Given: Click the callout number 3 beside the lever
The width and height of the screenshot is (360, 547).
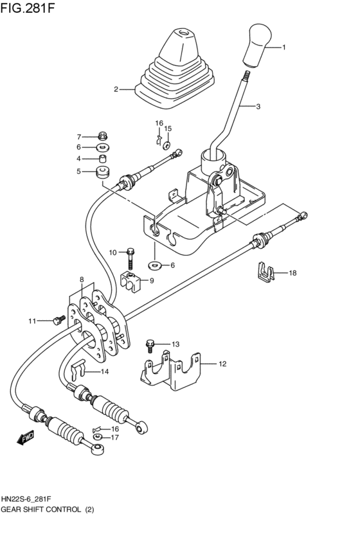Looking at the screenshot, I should click(258, 107).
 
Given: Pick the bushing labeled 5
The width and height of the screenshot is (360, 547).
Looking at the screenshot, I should click(102, 172).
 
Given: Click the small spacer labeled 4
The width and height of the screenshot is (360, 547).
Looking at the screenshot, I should click(102, 158).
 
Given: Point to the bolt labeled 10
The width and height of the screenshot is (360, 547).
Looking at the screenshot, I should click(130, 258).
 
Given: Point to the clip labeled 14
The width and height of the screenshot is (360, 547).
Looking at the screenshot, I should click(77, 372).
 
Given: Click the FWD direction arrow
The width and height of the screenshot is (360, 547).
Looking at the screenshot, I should click(26, 438).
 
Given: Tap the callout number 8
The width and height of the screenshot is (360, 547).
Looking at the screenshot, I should click(81, 280).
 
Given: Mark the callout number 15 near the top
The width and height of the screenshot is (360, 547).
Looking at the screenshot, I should click(167, 129).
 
